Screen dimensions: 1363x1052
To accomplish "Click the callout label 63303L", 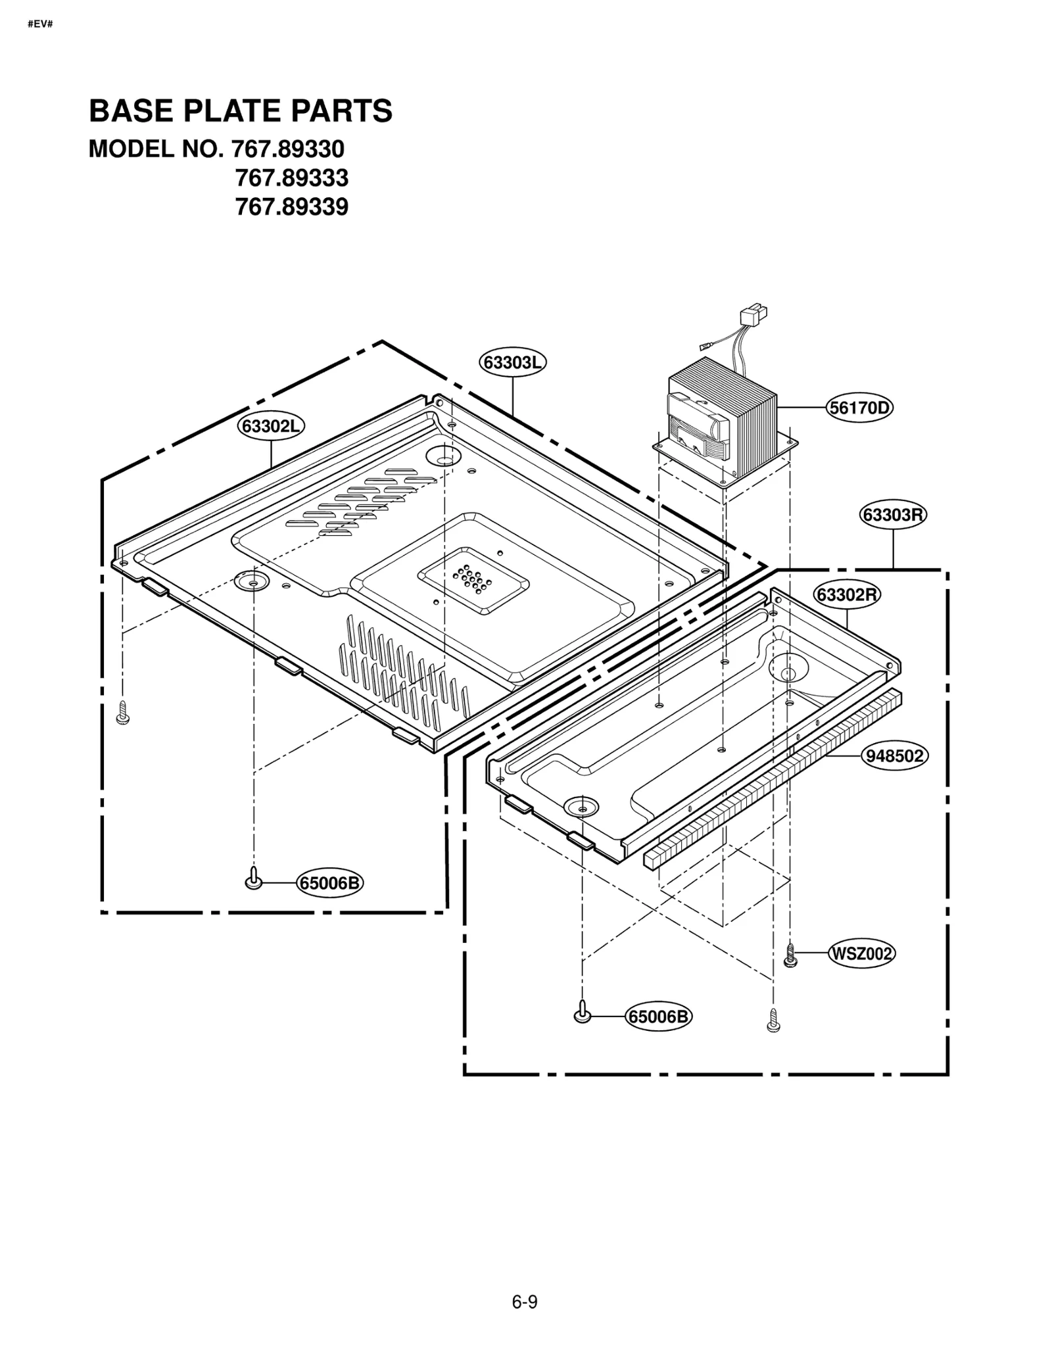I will [512, 362].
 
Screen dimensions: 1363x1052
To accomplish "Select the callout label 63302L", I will [271, 426].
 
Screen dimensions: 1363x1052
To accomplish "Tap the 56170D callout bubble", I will [859, 408].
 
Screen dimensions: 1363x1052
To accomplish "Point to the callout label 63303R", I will [893, 515].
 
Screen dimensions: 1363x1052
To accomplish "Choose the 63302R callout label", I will [847, 594].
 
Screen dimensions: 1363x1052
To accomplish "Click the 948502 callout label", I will [894, 756].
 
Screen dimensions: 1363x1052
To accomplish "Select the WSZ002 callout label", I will [861, 953].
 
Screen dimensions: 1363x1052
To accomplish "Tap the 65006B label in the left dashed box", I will [329, 882].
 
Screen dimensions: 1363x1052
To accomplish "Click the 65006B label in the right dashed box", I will [659, 1016].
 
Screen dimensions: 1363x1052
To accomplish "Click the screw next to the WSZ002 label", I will [791, 954].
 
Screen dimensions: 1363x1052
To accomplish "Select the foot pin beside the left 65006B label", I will [253, 879].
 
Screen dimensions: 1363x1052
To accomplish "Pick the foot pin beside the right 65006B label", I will [582, 1013].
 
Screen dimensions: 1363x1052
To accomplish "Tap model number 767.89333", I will [291, 178].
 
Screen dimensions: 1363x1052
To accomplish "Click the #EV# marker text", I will [41, 24].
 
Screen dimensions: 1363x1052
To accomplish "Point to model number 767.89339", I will [291, 207].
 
